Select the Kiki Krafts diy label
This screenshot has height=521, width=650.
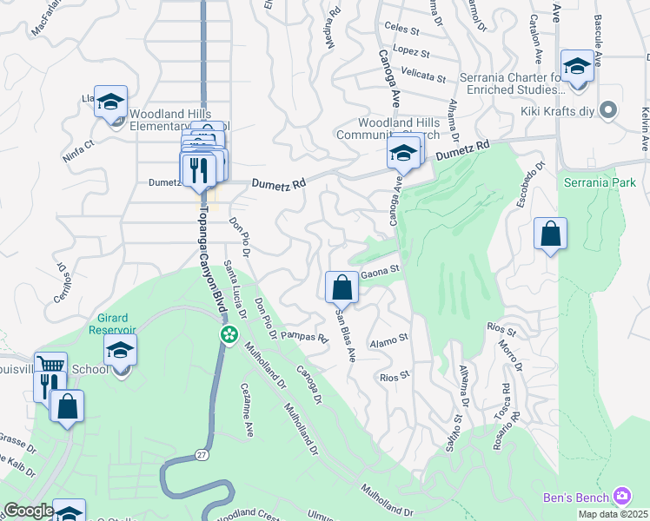click(x=561, y=111)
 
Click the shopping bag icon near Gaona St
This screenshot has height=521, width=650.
click(x=342, y=287)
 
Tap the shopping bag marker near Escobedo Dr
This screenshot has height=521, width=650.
click(x=550, y=234)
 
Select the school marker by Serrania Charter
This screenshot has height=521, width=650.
click(x=577, y=66)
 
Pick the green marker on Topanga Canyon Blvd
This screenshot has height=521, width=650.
click(x=229, y=333)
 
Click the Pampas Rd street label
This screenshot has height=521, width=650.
click(x=303, y=336)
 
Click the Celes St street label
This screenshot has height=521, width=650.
click(x=402, y=30)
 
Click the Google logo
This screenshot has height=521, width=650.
click(x=28, y=511)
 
